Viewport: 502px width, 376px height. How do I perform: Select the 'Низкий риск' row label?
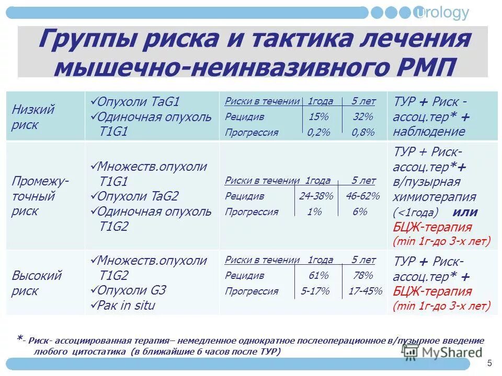[33, 117]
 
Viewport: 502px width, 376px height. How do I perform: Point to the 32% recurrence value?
[363, 116]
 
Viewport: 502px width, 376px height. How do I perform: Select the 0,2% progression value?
[318, 132]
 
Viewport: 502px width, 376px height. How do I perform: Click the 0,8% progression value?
[363, 132]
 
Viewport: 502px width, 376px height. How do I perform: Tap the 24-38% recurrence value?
[316, 196]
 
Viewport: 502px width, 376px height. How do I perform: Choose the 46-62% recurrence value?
[362, 196]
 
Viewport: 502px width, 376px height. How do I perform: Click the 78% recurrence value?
[363, 275]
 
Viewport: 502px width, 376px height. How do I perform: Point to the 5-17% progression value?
[315, 291]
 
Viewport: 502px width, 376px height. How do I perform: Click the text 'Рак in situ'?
[127, 305]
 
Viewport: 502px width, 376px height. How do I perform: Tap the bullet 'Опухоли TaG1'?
[138, 101]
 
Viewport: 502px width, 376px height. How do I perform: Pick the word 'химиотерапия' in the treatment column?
[434, 197]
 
